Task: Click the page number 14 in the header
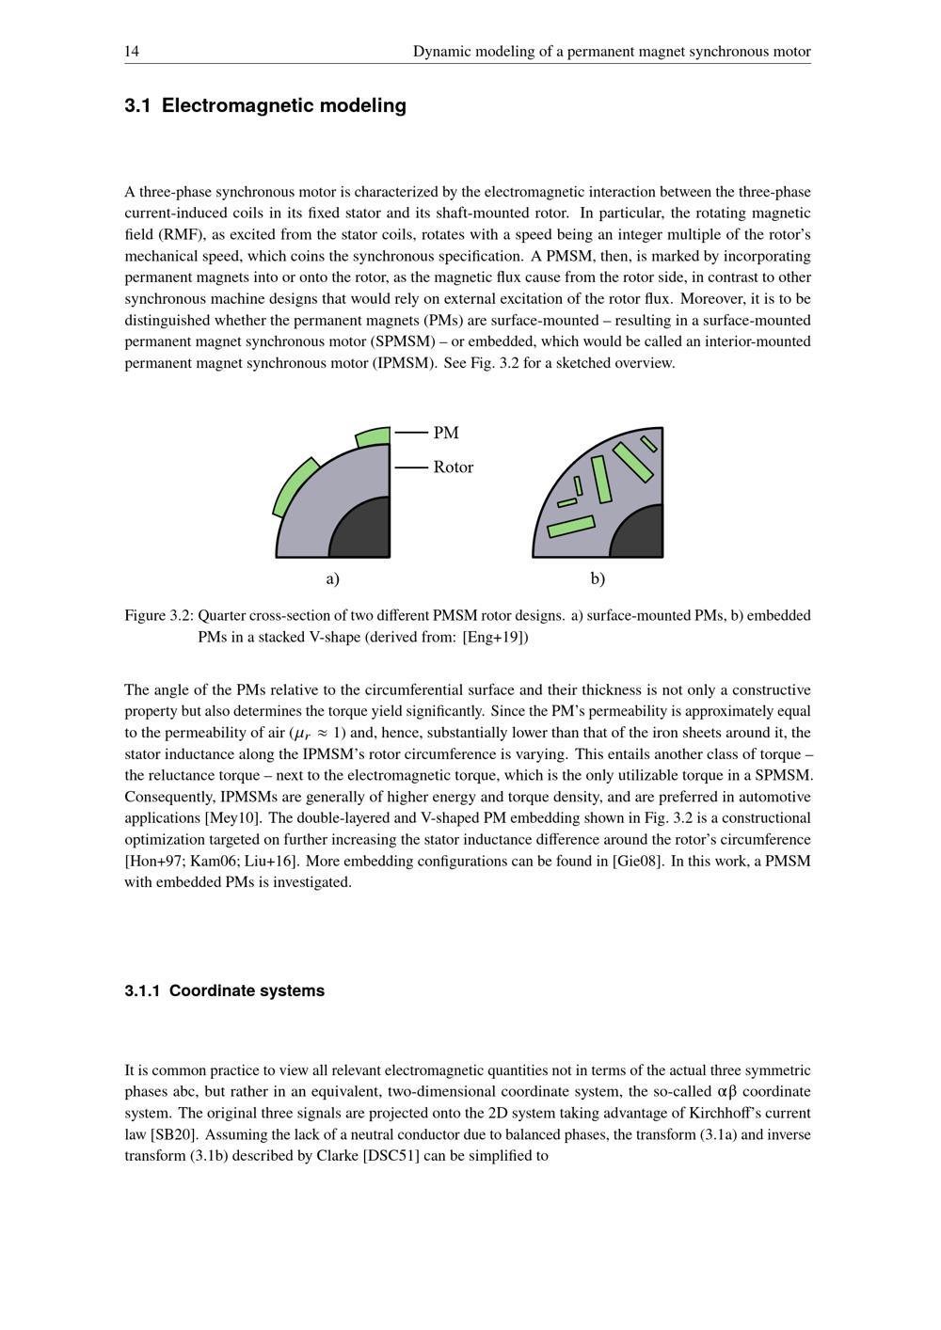click(x=132, y=52)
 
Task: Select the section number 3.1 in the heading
click(x=137, y=105)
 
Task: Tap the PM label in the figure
click(x=446, y=433)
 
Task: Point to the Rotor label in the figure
click(x=453, y=467)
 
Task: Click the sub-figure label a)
click(x=332, y=578)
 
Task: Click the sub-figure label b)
click(x=598, y=578)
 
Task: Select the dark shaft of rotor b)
click(x=642, y=536)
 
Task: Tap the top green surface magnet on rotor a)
click(x=373, y=437)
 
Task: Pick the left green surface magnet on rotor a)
click(x=294, y=487)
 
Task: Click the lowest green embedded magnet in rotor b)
click(x=571, y=527)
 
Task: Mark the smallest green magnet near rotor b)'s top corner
click(x=648, y=443)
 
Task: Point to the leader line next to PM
click(x=411, y=433)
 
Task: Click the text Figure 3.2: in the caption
click(x=159, y=616)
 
